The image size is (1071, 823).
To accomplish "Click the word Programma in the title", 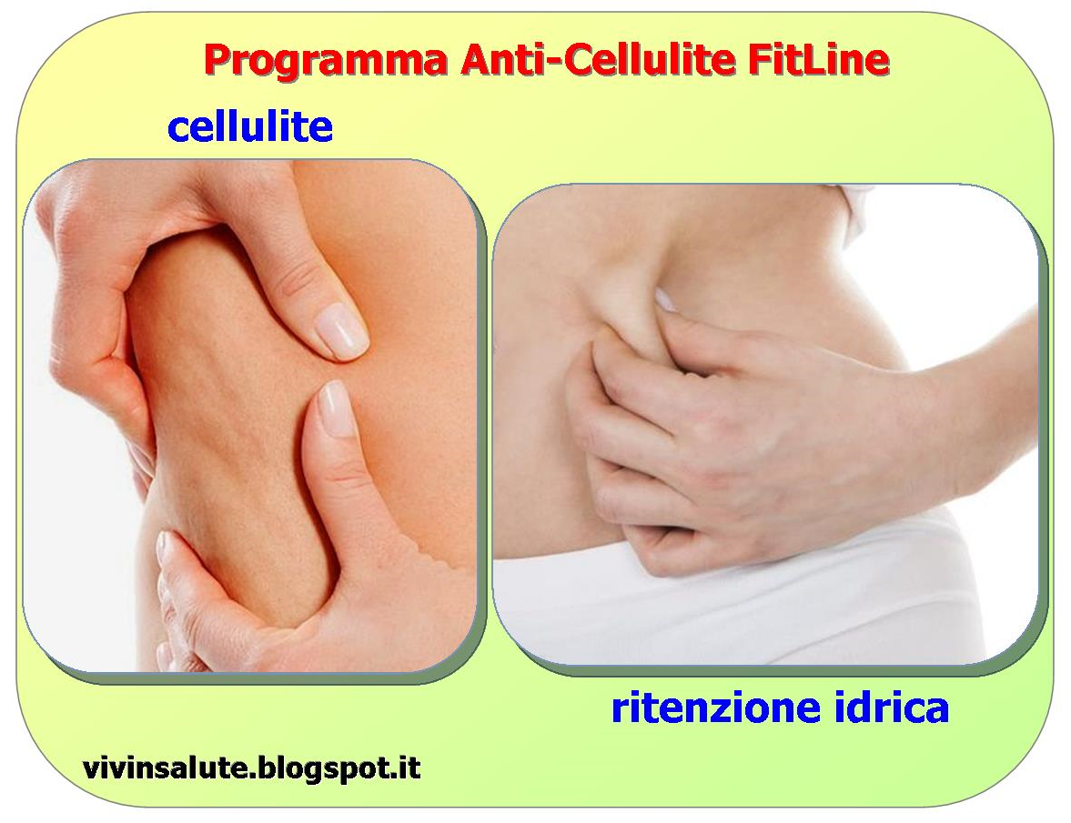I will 326,60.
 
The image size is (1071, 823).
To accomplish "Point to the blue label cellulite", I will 250,127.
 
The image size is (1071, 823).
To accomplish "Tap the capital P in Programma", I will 217,60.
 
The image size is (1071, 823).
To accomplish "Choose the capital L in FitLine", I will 823,60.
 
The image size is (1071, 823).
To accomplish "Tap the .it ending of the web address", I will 406,768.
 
